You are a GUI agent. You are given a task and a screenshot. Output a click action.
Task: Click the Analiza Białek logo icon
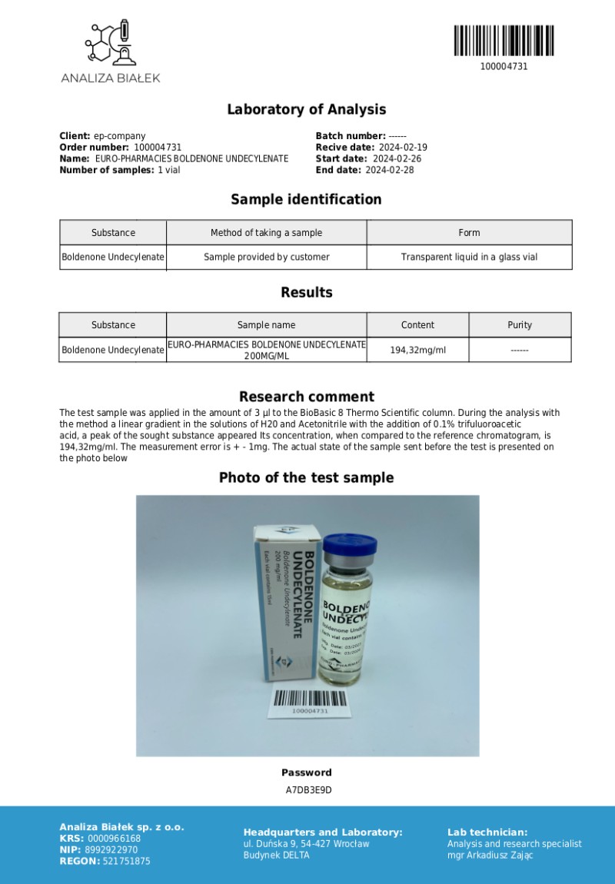click(x=111, y=43)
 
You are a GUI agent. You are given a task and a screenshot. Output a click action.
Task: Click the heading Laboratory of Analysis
click(x=306, y=109)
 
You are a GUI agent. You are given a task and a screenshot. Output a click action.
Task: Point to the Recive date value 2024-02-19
click(x=402, y=147)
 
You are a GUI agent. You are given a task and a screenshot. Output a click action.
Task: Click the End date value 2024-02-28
click(x=389, y=170)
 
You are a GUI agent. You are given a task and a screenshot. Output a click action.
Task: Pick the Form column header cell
click(x=469, y=233)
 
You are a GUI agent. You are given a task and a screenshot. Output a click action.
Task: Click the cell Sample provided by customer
click(x=266, y=257)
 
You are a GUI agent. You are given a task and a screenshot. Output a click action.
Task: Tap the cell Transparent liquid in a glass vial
click(x=469, y=257)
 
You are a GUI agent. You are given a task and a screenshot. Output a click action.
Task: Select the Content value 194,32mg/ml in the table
click(x=417, y=350)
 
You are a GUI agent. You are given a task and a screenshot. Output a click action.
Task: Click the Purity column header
click(x=520, y=325)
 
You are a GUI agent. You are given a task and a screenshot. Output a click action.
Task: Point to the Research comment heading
click(x=306, y=397)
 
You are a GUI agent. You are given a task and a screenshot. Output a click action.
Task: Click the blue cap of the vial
click(x=349, y=548)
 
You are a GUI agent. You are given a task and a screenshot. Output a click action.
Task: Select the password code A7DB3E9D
click(x=307, y=789)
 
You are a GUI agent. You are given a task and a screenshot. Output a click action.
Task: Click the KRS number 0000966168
click(x=114, y=839)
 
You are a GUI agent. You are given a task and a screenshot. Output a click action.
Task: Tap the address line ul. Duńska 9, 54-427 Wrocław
click(x=306, y=843)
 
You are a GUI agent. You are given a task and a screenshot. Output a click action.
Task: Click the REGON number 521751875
click(x=127, y=862)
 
